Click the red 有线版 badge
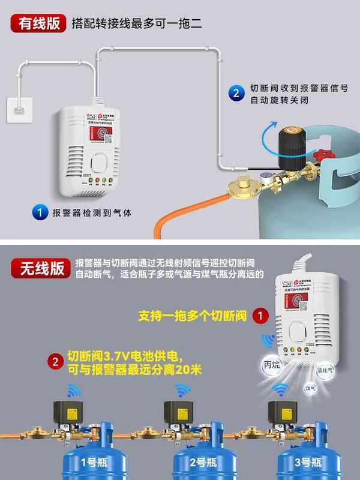coord(39,23)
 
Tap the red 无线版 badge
coord(40,267)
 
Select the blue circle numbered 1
coord(40,212)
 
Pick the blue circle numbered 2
coord(236,93)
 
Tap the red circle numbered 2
coord(55,362)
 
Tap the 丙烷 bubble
coord(272,364)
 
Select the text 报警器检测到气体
coord(91,212)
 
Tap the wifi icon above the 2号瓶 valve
coord(181,391)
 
